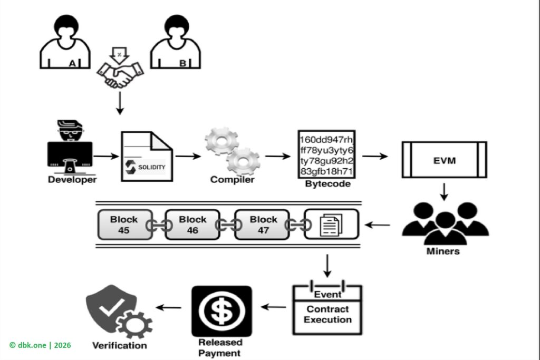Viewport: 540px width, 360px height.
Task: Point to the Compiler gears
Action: click(232, 150)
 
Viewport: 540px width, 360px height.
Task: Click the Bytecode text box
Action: click(326, 154)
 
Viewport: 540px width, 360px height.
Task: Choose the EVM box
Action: click(443, 159)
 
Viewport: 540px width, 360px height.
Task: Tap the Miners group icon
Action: click(445, 225)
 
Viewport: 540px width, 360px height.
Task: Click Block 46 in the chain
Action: click(192, 225)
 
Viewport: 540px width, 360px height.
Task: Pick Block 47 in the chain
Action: click(263, 225)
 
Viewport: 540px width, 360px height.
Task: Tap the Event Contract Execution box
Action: click(327, 309)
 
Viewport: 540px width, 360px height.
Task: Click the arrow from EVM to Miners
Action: click(443, 191)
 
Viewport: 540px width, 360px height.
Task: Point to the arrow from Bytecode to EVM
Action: click(375, 157)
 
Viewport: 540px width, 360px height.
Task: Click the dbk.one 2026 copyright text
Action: click(40, 345)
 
